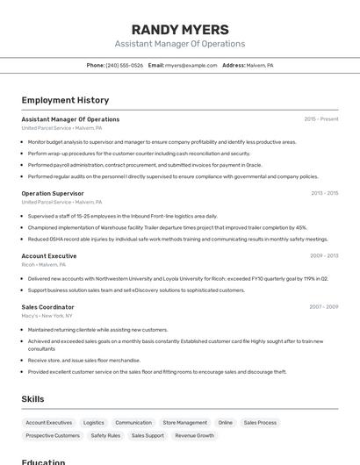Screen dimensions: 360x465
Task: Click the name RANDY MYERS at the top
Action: click(x=179, y=29)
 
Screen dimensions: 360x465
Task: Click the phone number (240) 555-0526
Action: click(x=125, y=65)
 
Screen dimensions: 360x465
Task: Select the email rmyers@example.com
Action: click(x=191, y=65)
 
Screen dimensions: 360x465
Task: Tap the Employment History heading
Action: click(x=65, y=100)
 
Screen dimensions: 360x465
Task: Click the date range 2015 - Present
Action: click(x=321, y=119)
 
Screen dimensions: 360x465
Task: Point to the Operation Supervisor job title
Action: click(x=53, y=193)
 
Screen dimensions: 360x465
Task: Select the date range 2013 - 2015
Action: click(x=324, y=193)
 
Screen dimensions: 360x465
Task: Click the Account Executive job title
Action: click(x=49, y=256)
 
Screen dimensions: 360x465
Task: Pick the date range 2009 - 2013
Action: click(x=324, y=256)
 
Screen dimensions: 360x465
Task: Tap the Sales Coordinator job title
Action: click(x=48, y=307)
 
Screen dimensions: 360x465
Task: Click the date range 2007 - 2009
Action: click(x=324, y=307)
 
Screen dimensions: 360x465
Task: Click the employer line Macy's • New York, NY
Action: click(x=47, y=316)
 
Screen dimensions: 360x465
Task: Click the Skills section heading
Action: click(x=32, y=399)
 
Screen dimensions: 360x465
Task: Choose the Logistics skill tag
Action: click(x=93, y=422)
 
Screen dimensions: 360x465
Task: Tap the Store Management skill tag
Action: click(x=185, y=422)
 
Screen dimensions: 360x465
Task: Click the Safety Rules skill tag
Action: click(x=105, y=435)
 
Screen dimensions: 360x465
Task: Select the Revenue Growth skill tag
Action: click(x=194, y=435)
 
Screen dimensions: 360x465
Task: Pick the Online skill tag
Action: click(x=226, y=422)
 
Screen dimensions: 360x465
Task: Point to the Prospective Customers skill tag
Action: click(x=53, y=435)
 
